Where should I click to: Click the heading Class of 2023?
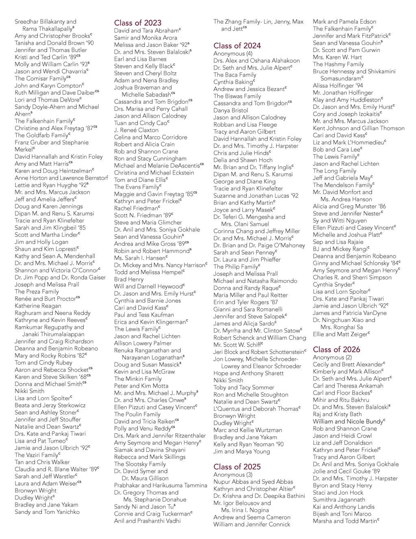(x=138, y=23)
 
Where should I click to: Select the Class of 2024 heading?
(x=237, y=46)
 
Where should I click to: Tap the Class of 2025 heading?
(x=237, y=467)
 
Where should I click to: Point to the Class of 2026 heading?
(x=336, y=349)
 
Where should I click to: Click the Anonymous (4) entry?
(x=233, y=54)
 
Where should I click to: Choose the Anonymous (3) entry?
(x=233, y=475)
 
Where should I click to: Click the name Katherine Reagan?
(x=38, y=306)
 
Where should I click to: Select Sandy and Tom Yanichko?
(x=47, y=512)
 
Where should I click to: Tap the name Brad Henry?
(x=129, y=279)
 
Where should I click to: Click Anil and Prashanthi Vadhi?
(x=147, y=521)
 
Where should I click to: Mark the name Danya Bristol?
(x=231, y=110)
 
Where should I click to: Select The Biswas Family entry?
(x=237, y=96)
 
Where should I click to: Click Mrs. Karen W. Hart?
(x=337, y=57)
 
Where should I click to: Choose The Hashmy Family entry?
(x=338, y=64)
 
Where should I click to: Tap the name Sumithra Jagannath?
(x=339, y=500)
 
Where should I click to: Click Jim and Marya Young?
(x=242, y=451)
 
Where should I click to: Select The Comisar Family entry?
(x=42, y=79)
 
